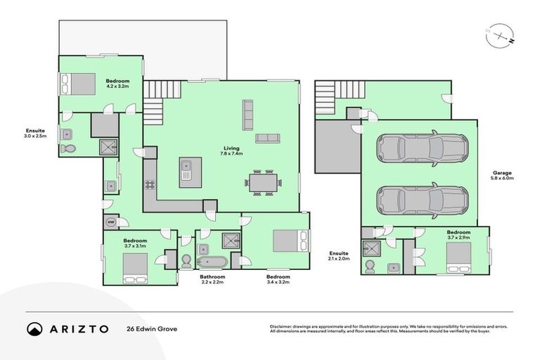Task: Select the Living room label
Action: coord(232,148)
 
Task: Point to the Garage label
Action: coord(502,172)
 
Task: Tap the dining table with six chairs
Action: coord(266,183)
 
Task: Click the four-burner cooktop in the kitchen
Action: coord(150,186)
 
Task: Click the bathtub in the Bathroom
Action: coord(211,263)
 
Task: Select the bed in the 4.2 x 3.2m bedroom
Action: coord(79,84)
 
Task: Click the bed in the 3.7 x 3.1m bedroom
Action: coord(135,268)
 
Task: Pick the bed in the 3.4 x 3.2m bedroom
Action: coord(290,241)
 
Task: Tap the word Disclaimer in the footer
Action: coord(281,326)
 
